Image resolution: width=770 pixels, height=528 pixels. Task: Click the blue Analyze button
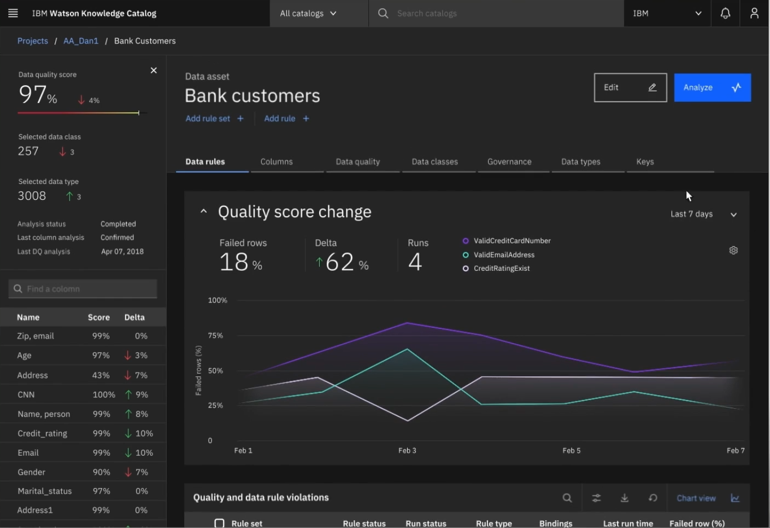click(712, 88)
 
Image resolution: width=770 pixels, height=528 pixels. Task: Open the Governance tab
click(509, 162)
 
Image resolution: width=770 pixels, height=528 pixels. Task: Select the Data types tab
click(580, 162)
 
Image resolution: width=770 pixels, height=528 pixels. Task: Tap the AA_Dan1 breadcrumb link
click(81, 41)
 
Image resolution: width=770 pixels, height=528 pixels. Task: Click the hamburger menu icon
click(13, 13)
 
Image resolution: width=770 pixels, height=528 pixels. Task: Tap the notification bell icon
click(725, 13)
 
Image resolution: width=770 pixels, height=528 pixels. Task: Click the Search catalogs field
click(492, 13)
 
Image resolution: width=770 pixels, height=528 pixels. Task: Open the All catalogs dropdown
click(308, 13)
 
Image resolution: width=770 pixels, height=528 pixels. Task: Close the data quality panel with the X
click(154, 70)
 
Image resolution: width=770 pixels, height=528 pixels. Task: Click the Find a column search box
click(83, 289)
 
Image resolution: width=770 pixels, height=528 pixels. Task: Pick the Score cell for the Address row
click(101, 375)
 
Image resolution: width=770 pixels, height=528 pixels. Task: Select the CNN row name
click(26, 394)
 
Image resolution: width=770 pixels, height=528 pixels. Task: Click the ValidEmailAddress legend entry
click(504, 255)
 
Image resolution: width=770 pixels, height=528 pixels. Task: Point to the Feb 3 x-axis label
click(407, 451)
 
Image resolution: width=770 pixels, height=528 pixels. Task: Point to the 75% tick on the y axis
click(215, 335)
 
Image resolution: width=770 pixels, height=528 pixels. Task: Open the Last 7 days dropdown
click(703, 214)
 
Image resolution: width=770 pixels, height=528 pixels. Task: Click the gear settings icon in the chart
click(733, 251)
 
